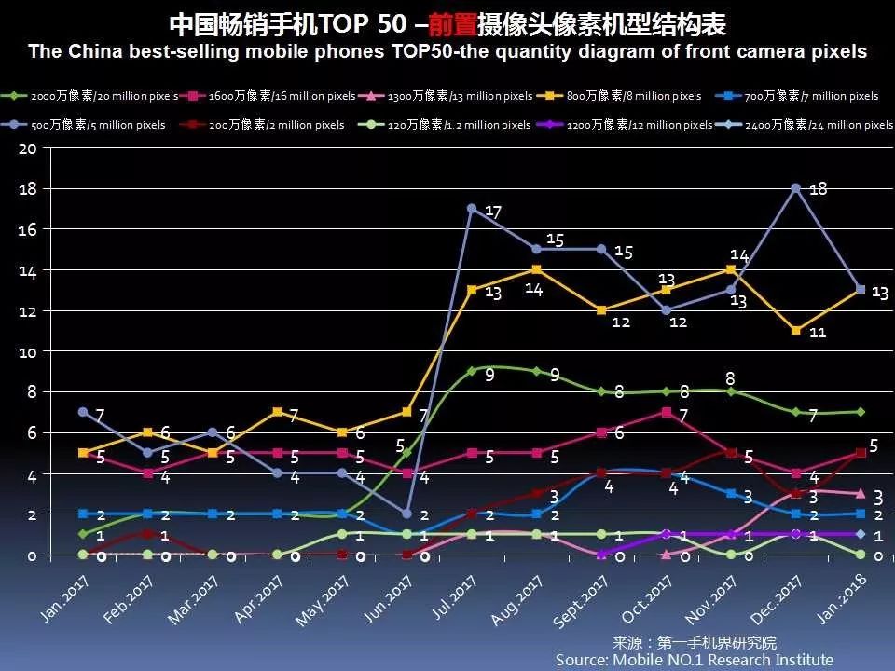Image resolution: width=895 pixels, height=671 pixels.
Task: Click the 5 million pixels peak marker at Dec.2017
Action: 796,188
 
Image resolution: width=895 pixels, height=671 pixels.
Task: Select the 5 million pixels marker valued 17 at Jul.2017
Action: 472,209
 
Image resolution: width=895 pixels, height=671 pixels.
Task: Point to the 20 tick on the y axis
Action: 27,147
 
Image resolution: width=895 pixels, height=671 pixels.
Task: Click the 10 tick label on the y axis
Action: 27,351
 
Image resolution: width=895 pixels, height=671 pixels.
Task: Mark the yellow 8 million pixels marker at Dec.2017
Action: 796,331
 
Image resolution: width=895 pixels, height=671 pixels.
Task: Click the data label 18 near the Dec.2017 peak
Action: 818,189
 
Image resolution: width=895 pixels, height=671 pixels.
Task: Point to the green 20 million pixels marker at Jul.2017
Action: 472,371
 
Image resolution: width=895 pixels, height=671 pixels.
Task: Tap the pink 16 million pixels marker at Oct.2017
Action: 667,412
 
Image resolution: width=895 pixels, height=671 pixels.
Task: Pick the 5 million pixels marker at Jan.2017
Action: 83,412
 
